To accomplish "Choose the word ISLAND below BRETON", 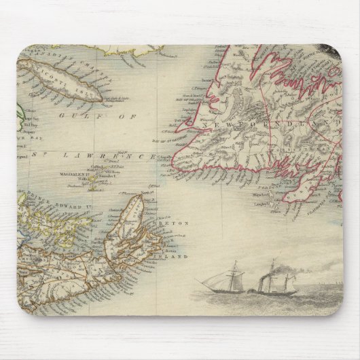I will [x=175, y=256].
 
